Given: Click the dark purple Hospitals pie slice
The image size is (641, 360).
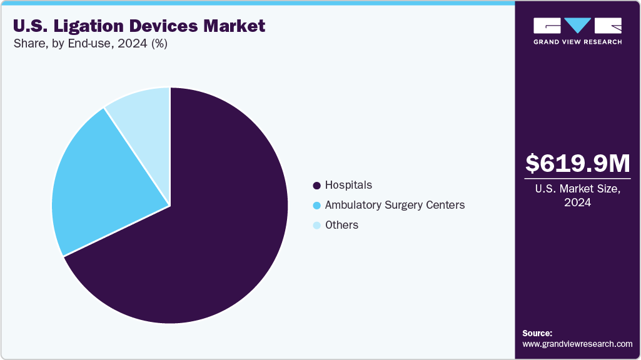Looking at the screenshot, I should [x=206, y=237].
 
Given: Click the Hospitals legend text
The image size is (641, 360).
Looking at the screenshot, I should [x=348, y=185].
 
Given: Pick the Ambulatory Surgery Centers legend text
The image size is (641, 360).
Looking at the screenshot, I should [x=395, y=205].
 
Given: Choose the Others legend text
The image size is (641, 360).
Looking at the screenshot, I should [x=341, y=225].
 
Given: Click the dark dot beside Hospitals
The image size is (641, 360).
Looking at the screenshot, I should [x=316, y=186].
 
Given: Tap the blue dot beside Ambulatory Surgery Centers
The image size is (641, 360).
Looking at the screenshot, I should [x=316, y=206].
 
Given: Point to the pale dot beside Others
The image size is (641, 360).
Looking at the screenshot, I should [x=316, y=226].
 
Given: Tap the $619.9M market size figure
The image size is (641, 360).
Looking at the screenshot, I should [x=577, y=163].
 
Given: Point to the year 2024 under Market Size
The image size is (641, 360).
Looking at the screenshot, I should [x=577, y=203].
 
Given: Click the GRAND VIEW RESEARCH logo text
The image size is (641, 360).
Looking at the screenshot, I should [x=577, y=42].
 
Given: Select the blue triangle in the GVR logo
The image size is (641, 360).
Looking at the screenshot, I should [x=577, y=26].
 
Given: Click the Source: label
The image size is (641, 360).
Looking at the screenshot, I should [x=537, y=333].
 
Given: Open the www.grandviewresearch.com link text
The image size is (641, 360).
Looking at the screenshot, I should [x=577, y=344].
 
